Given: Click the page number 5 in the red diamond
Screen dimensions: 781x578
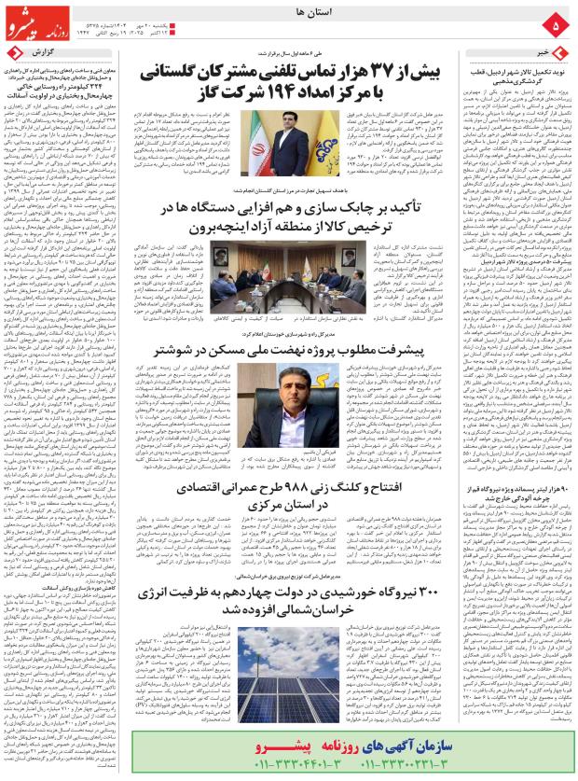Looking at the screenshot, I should (x=557, y=23).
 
